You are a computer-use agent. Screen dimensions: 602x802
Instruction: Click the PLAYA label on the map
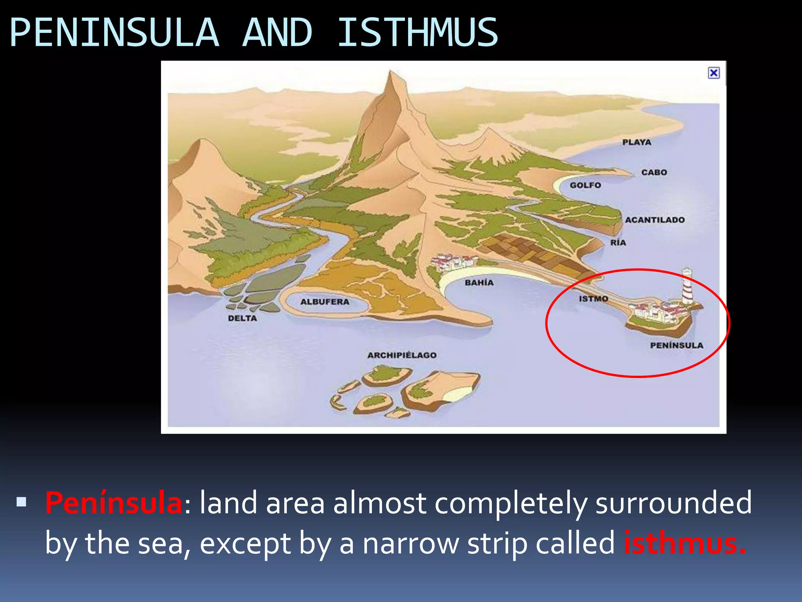coord(637,142)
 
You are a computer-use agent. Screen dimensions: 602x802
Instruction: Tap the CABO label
coord(654,172)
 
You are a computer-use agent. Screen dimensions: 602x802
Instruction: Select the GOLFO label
coord(585,185)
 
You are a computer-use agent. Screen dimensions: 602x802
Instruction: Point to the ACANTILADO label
coord(655,220)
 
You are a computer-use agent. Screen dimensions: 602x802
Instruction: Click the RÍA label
coord(618,243)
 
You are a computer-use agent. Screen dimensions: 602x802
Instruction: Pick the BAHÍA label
coord(479,283)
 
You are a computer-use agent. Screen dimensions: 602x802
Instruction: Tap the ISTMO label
coord(593,299)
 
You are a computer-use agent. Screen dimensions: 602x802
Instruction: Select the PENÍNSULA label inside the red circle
coord(676,346)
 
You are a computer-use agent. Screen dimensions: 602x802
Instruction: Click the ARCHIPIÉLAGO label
coord(402,355)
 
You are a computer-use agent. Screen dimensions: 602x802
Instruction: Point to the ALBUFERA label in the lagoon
coord(325,302)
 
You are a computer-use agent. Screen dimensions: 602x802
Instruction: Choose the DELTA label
coord(242,319)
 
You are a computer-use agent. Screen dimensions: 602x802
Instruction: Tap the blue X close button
coord(713,73)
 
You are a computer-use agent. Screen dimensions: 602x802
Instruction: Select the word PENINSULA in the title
coord(114,33)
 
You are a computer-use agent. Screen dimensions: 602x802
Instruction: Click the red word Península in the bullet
coord(114,503)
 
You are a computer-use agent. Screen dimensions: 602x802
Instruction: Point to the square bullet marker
coord(22,502)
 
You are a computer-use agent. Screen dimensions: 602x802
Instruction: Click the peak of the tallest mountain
coord(390,72)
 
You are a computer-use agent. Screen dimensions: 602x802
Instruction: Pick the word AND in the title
coord(277,33)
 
